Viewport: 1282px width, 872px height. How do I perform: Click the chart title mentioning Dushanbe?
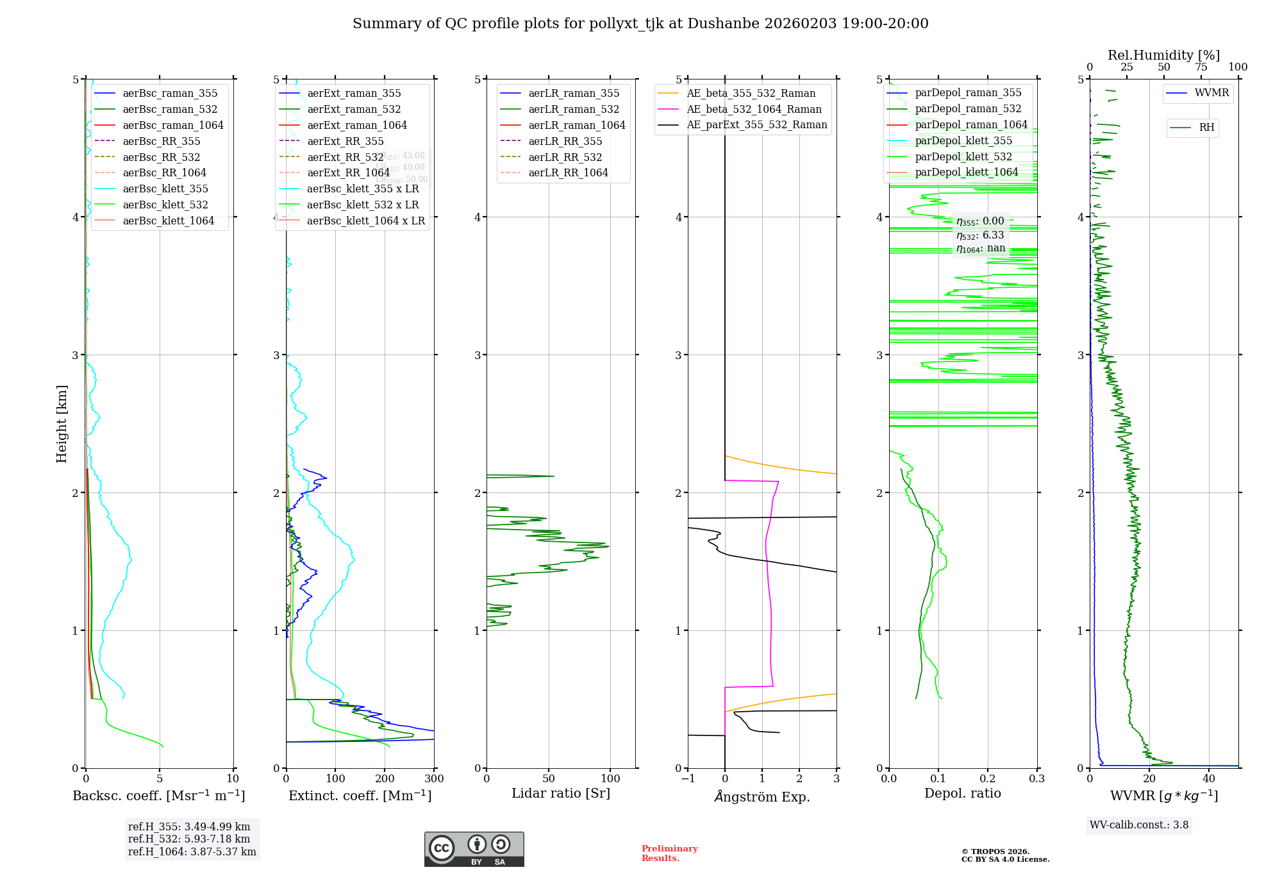pos(640,24)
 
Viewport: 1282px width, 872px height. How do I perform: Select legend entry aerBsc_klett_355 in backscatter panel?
pos(165,189)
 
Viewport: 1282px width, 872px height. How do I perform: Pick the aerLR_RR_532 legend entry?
pos(565,157)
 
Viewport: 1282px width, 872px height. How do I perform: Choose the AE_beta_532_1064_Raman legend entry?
pos(754,109)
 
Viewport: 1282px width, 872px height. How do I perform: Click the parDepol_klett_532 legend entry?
pos(963,156)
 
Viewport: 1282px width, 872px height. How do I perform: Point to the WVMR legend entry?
pos(1211,93)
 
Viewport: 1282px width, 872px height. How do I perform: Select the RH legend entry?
pos(1206,128)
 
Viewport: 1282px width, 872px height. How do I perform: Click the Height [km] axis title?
pos(62,423)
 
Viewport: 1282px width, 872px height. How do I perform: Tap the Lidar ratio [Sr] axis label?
pos(561,793)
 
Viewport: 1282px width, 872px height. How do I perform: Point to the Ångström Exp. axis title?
pos(762,796)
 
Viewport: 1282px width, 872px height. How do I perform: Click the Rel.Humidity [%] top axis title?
pos(1163,55)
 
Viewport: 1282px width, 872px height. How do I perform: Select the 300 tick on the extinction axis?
pos(434,778)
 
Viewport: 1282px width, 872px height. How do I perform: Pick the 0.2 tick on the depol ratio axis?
pos(988,778)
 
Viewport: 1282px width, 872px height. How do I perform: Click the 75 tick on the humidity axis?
pos(1201,67)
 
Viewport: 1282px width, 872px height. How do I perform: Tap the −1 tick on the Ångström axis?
pos(688,778)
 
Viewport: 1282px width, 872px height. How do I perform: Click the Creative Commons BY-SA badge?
pos(474,849)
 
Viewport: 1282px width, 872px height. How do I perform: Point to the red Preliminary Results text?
pos(669,853)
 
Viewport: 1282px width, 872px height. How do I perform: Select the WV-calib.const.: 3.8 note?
pos(1139,825)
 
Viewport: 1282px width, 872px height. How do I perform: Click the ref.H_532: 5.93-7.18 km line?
pos(189,839)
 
